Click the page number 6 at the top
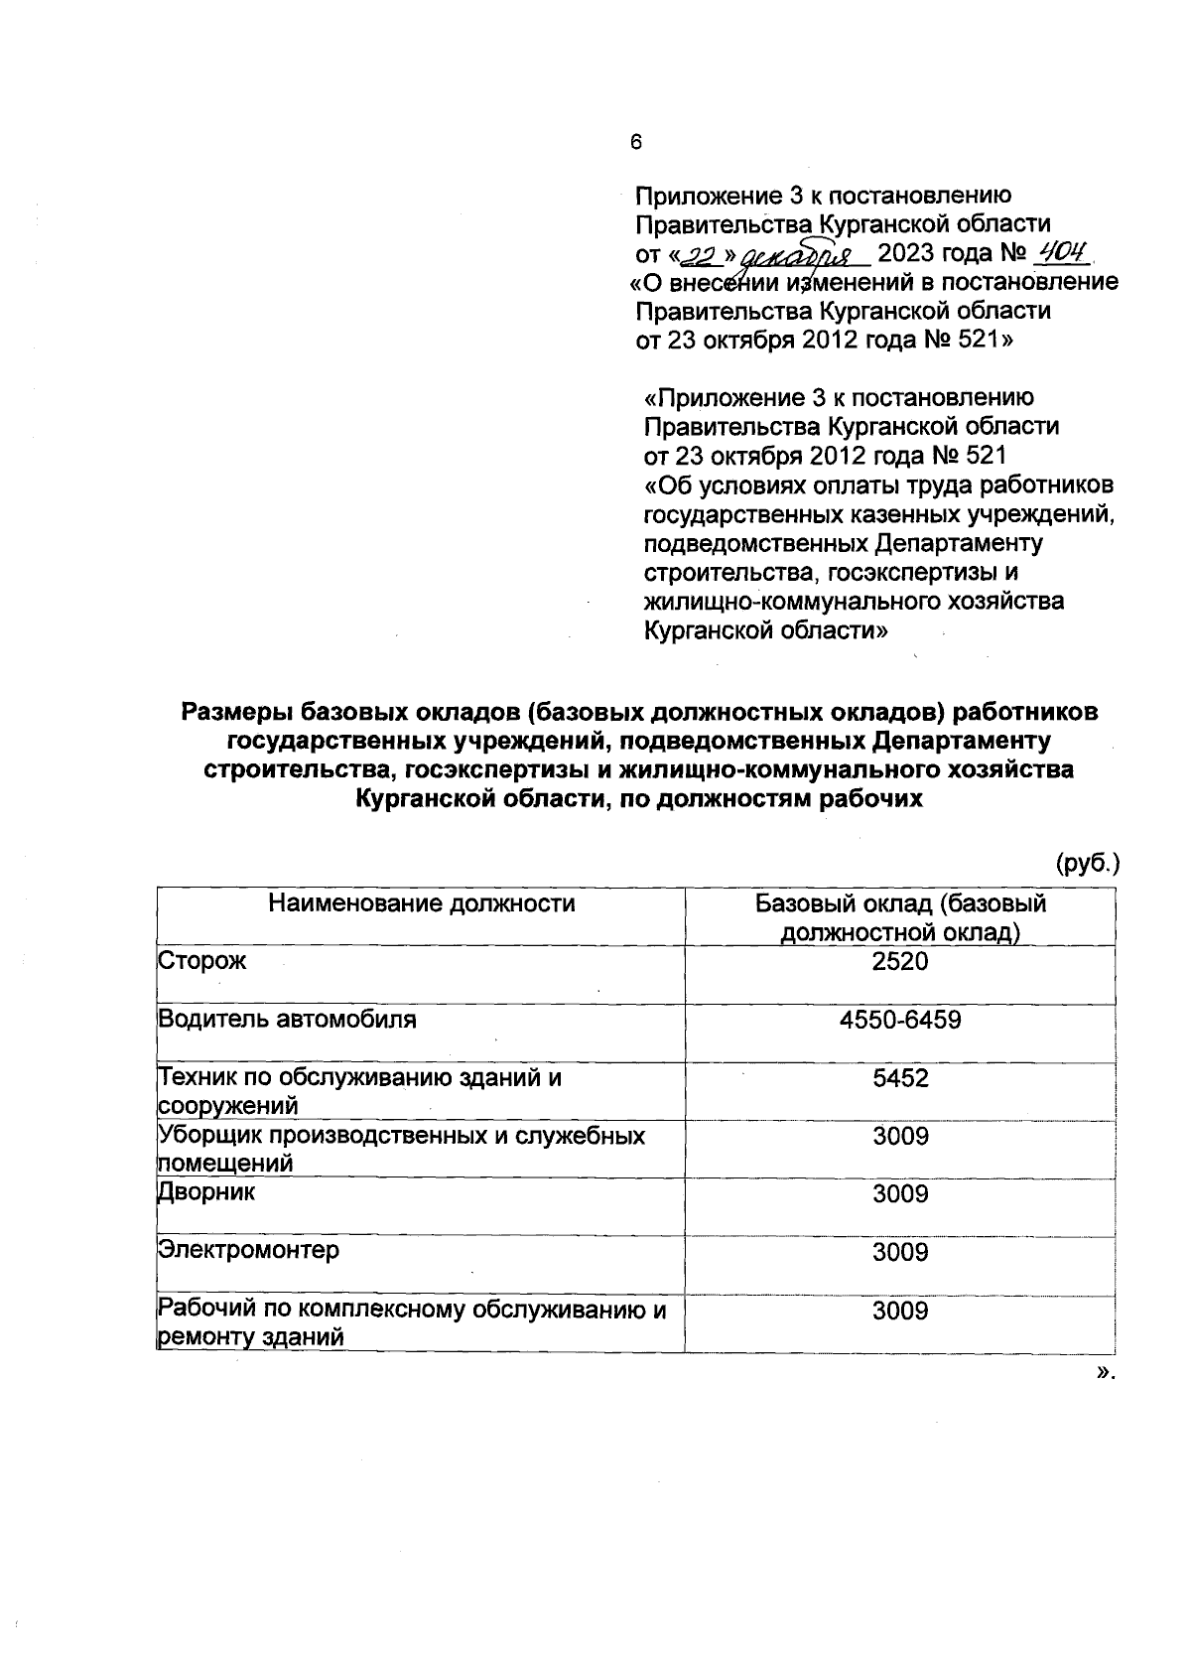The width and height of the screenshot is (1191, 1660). [x=636, y=142]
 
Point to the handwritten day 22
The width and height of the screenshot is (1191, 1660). [x=701, y=256]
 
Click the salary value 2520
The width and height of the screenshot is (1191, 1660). [x=900, y=961]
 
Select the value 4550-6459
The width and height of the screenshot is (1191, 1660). [x=900, y=1020]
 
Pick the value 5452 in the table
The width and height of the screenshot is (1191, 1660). [x=900, y=1078]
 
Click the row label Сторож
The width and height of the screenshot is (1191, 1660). [x=202, y=961]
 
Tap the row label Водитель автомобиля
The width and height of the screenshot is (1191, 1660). [x=287, y=1020]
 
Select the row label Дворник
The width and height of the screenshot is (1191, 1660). [x=206, y=1193]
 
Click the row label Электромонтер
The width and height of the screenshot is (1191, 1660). [x=249, y=1251]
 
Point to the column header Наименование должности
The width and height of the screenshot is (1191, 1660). [x=422, y=903]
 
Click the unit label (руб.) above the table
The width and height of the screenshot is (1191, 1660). [x=1087, y=862]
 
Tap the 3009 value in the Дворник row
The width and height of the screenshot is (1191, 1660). [x=900, y=1193]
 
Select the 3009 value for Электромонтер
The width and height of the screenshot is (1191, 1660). [x=900, y=1252]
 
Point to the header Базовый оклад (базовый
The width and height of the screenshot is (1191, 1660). [x=900, y=903]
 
